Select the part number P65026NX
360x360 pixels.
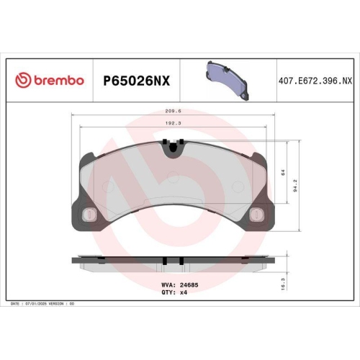point(136,81)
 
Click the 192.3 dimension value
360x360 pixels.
point(172,123)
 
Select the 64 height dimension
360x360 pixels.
point(283,172)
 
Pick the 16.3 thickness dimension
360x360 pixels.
point(284,286)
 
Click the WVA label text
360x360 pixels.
point(165,284)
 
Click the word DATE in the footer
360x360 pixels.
point(15,305)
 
